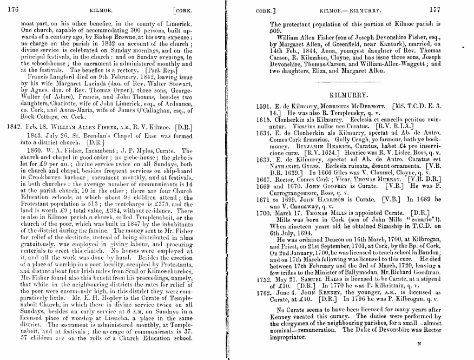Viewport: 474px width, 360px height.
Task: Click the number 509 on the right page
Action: tap(276, 31)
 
